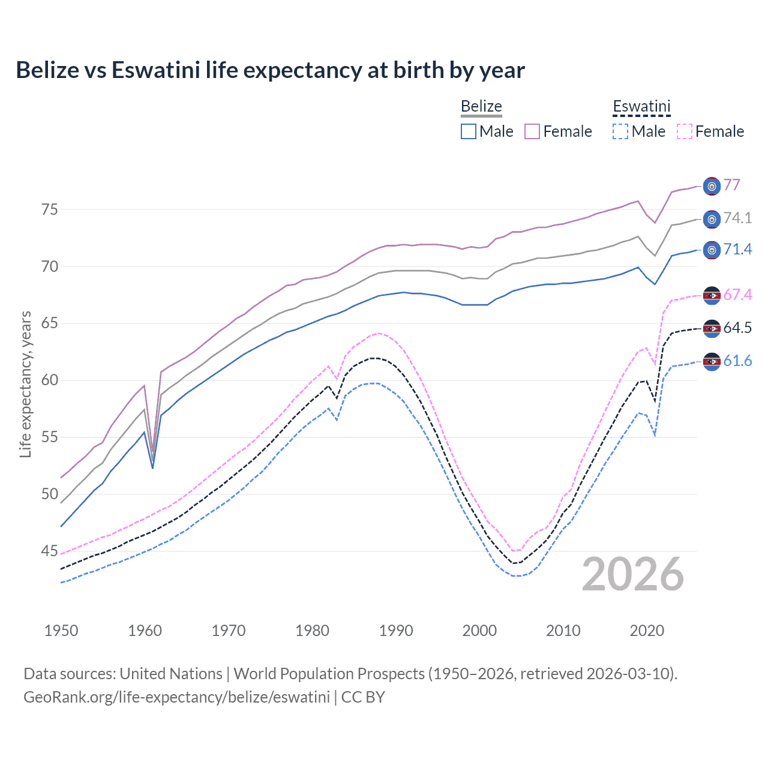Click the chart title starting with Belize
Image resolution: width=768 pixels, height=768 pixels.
coord(270,70)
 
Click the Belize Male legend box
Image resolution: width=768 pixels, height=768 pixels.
coord(469,131)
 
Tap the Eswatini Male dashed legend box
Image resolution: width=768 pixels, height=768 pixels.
coord(620,131)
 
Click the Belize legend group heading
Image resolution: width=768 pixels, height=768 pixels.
coord(481,106)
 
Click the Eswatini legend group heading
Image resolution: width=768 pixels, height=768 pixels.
coord(641,106)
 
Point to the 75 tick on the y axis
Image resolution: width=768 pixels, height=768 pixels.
coord(50,209)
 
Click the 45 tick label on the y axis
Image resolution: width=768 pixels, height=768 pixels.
coord(50,551)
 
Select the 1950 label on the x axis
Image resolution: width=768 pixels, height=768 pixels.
coord(61,631)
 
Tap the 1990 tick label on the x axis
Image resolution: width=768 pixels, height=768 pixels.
coord(396,631)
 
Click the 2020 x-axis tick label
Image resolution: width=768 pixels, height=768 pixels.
coord(647,631)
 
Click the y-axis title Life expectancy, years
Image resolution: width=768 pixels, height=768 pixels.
coord(25,384)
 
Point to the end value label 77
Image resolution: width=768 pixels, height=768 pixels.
coord(731,185)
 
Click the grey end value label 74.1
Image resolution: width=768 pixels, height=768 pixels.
coord(737,218)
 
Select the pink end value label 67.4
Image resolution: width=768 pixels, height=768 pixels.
coord(737,295)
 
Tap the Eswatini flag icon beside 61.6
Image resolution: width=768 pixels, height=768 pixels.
coord(712,361)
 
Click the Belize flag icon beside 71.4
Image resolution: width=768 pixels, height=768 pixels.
coord(712,250)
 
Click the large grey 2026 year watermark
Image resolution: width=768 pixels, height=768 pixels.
coord(632,574)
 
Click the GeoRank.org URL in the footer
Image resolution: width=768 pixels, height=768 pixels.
coord(176,697)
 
